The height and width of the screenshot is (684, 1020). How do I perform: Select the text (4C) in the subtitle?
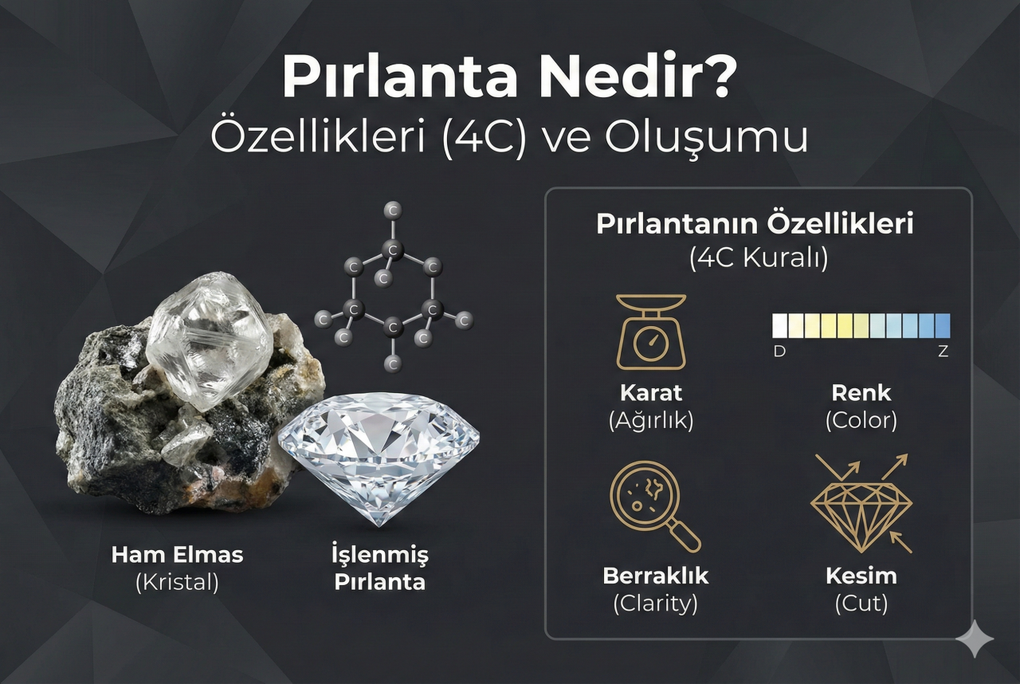pyautogui.click(x=477, y=138)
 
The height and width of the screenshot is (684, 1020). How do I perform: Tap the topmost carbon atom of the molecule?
pyautogui.click(x=392, y=210)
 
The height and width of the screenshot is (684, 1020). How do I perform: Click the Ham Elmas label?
pyautogui.click(x=177, y=555)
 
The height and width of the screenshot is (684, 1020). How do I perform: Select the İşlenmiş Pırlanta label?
pyautogui.click(x=379, y=568)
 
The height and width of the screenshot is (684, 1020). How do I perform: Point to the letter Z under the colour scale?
pyautogui.click(x=943, y=352)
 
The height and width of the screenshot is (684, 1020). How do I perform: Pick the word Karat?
pyautogui.click(x=651, y=393)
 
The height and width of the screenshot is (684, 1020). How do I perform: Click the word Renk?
pyautogui.click(x=861, y=393)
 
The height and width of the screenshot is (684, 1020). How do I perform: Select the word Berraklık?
pyautogui.click(x=655, y=576)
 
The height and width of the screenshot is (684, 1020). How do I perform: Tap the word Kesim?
pyautogui.click(x=861, y=576)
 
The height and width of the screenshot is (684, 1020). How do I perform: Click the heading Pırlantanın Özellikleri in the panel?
pyautogui.click(x=755, y=225)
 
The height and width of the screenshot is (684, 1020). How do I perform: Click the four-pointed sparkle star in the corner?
pyautogui.click(x=975, y=639)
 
